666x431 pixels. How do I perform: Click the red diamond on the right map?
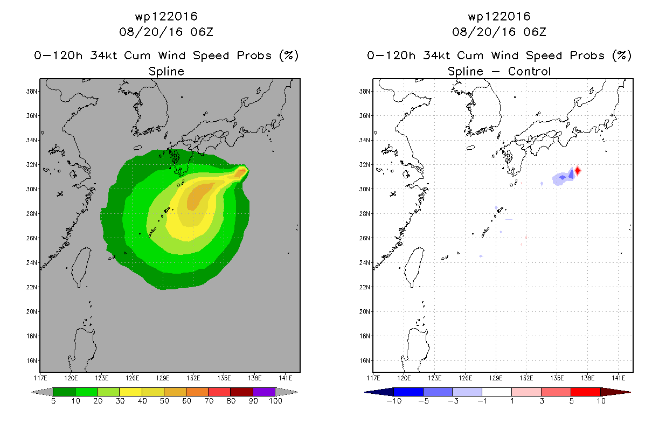[578, 171]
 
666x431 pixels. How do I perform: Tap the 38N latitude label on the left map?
[31, 91]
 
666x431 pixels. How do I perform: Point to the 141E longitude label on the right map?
[619, 378]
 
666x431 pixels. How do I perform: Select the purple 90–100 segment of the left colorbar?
[264, 392]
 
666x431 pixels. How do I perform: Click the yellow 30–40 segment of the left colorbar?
[131, 392]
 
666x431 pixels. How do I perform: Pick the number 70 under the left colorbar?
[209, 401]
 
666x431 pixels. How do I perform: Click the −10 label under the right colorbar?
[394, 401]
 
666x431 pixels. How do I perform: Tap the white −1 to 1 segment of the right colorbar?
[497, 392]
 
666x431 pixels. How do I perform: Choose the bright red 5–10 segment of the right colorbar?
[586, 392]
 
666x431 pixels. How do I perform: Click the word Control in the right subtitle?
[530, 71]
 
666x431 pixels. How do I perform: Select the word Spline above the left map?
[166, 71]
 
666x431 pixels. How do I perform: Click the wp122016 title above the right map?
[499, 16]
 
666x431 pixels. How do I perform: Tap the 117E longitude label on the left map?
[40, 378]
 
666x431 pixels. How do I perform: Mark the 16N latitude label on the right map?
[364, 361]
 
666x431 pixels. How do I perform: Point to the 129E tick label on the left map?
[163, 378]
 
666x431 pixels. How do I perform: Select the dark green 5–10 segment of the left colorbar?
[64, 392]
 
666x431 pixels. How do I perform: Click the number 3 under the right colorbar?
[542, 401]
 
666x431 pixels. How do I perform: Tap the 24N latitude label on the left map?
[31, 263]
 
